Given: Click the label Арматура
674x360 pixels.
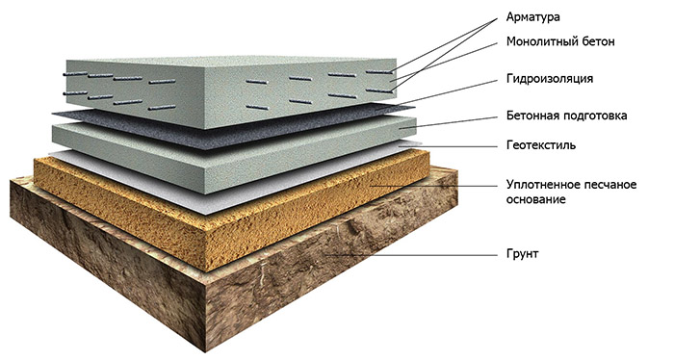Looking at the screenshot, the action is click(533, 17).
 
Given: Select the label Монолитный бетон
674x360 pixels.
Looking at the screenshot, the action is click(560, 41).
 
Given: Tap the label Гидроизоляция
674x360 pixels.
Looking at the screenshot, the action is click(550, 79).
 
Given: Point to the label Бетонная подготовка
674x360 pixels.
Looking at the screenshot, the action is click(566, 116).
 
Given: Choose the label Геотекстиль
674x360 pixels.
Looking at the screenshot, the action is click(541, 144).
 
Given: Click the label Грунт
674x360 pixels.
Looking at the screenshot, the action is click(522, 253).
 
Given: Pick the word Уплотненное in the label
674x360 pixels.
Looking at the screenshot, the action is click(541, 185).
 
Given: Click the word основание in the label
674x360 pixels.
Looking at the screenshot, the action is click(535, 200).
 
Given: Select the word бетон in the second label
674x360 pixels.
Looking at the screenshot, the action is click(598, 41).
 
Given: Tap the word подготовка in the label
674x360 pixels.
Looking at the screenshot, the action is click(596, 116).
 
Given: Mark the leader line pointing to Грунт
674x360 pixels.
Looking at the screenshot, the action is click(412, 255).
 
